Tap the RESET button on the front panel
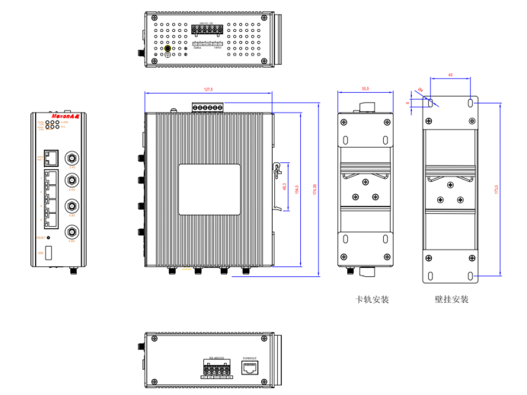click(50, 237)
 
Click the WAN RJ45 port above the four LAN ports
click(51, 158)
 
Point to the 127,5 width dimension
click(208, 91)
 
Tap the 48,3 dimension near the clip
click(284, 187)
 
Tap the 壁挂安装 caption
click(452, 300)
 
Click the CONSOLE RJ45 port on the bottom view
click(250, 368)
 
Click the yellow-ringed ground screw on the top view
click(169, 49)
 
